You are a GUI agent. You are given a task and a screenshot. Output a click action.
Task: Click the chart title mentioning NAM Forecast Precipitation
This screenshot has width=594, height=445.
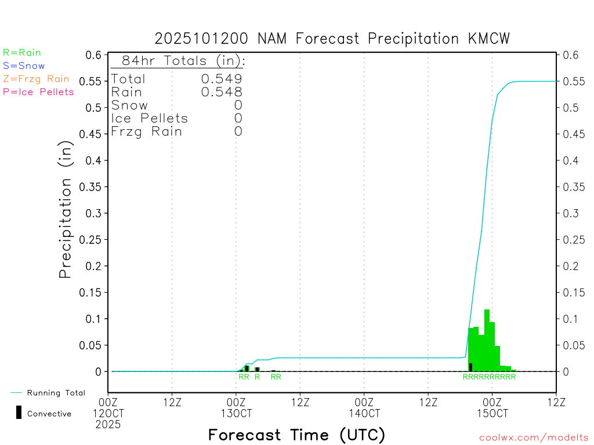point(332,39)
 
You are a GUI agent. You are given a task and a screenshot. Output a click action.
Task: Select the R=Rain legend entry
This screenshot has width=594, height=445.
point(22,53)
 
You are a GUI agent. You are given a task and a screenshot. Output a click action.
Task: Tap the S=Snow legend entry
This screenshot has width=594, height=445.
point(24,66)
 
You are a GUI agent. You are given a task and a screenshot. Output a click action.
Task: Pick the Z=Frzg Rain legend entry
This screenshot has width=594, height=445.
point(36,79)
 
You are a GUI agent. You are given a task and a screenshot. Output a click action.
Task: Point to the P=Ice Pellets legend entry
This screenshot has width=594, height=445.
point(38,92)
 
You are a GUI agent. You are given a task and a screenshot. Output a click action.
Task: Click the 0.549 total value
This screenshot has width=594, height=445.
point(222,79)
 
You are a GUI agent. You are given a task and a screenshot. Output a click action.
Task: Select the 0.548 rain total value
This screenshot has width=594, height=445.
point(222,92)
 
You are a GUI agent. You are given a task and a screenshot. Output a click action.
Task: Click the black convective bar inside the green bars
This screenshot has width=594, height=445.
point(470,367)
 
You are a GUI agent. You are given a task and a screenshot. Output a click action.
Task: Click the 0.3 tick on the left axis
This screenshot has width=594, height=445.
point(94,213)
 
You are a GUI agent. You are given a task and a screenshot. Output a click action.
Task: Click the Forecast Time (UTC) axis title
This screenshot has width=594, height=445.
point(296,435)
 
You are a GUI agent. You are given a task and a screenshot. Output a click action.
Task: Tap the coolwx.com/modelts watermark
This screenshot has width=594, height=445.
point(534,437)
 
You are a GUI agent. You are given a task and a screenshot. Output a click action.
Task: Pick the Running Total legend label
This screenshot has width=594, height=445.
point(56,393)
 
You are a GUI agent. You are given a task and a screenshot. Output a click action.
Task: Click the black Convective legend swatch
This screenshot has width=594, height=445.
point(19,413)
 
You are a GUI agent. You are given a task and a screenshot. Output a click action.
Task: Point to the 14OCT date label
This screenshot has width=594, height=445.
point(364,414)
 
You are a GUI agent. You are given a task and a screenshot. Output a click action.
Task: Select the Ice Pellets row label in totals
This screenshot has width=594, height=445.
point(150,118)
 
